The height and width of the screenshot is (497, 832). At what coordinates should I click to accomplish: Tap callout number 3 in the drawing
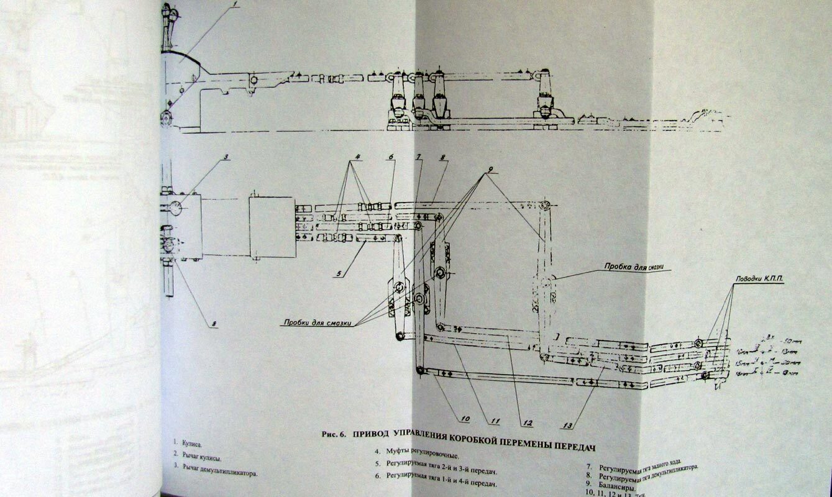click(x=227, y=157)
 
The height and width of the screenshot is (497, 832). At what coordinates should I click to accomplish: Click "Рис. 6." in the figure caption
click(x=333, y=435)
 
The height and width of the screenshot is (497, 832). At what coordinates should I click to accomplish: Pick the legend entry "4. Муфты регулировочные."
click(x=416, y=453)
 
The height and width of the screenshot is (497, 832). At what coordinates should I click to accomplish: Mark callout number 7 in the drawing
click(x=419, y=156)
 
